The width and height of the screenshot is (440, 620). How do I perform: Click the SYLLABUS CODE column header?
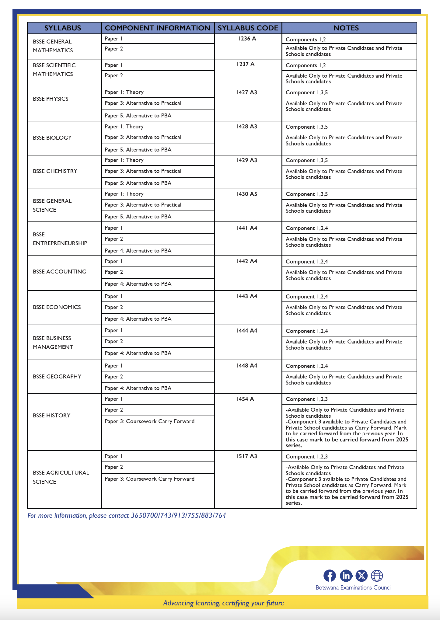point(248,28)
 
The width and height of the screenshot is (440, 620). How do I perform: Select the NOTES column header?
point(346,28)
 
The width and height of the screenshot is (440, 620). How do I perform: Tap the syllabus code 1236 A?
point(247,39)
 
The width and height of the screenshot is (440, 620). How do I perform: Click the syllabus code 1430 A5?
point(246,194)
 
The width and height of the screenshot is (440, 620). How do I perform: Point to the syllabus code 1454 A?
point(245,399)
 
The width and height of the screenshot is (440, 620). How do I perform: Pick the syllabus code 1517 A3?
point(246,456)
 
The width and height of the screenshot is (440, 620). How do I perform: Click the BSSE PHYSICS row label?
point(51,99)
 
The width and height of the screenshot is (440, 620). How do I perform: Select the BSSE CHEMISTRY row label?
point(55,171)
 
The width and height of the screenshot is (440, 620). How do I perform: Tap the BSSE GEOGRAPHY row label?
point(57,377)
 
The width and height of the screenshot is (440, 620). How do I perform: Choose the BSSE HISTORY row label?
point(51,416)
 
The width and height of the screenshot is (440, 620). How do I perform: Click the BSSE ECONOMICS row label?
point(57,307)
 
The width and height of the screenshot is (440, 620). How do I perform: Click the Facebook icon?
point(330,576)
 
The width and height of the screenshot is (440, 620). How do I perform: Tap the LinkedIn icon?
point(346,576)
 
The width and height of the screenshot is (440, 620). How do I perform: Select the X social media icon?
point(361,576)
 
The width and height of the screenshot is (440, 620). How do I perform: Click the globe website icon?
point(377,576)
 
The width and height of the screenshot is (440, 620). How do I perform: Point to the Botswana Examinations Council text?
point(353,588)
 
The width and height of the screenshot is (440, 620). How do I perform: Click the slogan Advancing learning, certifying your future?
point(223,603)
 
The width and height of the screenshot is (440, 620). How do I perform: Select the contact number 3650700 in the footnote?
point(144,516)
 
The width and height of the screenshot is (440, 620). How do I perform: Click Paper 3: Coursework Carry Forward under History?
point(149,421)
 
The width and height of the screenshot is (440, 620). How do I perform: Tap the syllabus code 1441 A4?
point(246,228)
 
